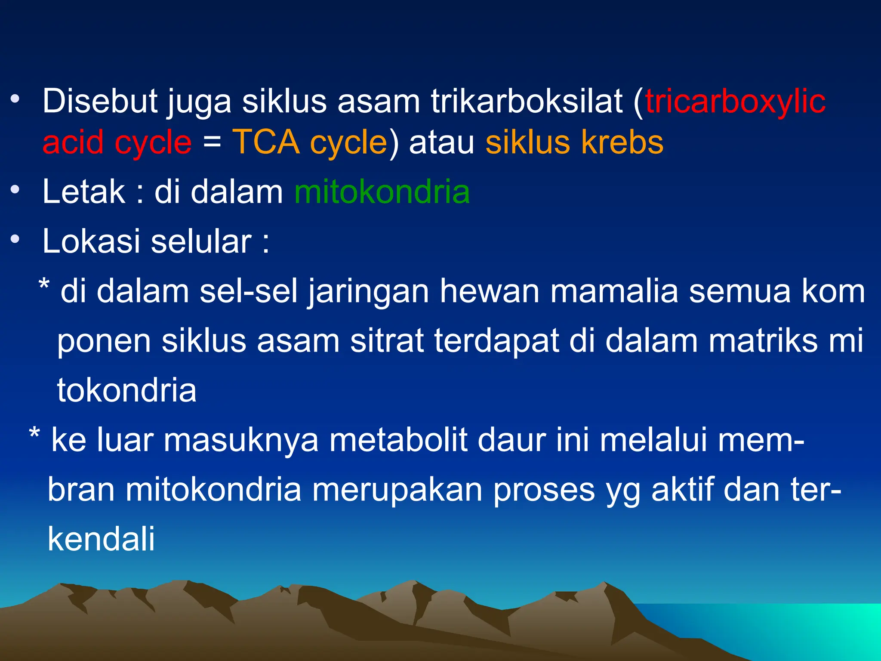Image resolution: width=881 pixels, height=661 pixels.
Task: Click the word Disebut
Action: tap(100, 102)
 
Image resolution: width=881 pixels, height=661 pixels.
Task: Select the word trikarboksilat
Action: tap(527, 102)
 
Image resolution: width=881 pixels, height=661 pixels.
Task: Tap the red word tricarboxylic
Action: tap(735, 102)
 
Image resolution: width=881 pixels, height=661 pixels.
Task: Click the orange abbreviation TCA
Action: tap(266, 142)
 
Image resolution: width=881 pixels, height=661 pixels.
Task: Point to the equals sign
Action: tap(212, 142)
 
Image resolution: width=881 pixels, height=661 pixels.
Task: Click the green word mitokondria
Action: tap(382, 192)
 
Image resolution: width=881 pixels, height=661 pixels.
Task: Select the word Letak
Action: tap(83, 192)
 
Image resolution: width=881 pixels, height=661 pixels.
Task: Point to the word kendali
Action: tap(101, 539)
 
